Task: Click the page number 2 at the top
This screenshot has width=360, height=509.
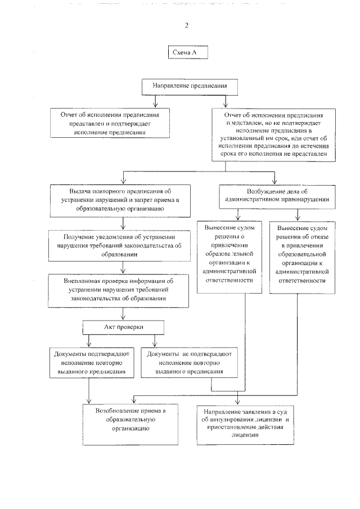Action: (x=186, y=25)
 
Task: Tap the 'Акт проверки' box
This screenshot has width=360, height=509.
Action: (x=124, y=327)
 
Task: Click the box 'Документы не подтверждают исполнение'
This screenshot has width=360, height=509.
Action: (x=188, y=363)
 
